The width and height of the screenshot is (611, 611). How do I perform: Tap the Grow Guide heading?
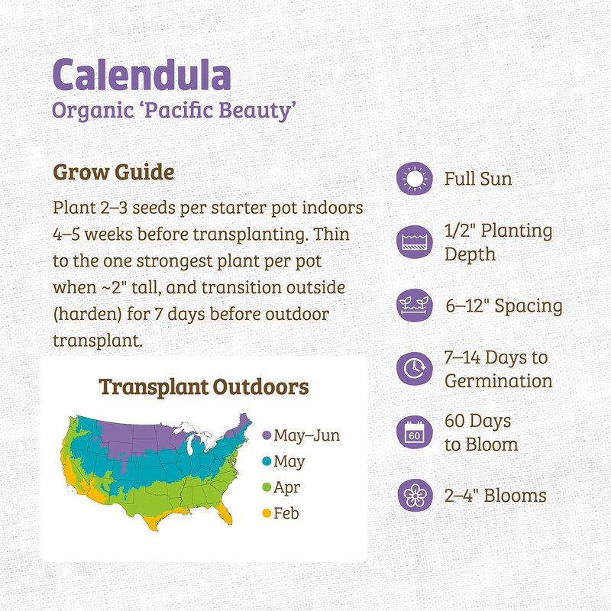tap(114, 172)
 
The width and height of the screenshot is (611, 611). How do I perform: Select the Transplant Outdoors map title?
tap(204, 386)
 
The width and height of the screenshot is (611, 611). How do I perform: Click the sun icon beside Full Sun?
tap(415, 179)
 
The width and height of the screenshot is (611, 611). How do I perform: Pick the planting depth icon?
tap(415, 242)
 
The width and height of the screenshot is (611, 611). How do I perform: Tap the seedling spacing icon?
tap(415, 305)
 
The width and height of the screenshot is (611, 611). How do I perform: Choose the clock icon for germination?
tap(415, 368)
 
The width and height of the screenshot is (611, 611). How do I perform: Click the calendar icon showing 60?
tap(415, 432)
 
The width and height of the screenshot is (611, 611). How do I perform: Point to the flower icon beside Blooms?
tap(415, 495)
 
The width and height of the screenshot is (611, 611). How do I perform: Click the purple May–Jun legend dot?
tap(267, 435)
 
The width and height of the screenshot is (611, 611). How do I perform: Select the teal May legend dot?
tap(267, 461)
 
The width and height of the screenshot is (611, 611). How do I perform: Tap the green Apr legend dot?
tap(267, 487)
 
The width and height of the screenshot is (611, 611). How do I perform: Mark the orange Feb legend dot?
tap(267, 513)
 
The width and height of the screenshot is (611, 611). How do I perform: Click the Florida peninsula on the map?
tap(226, 517)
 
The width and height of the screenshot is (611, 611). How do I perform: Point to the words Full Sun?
tap(478, 179)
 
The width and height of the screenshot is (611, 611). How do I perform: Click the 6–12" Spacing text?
tap(503, 306)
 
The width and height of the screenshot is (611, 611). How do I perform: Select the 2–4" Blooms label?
tap(496, 496)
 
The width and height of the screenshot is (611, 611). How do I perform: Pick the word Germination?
tap(498, 380)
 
